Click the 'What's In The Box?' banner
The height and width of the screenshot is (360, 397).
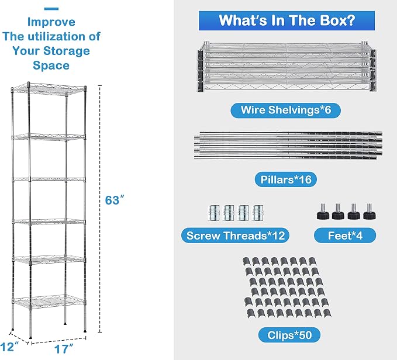pyautogui.click(x=286, y=20)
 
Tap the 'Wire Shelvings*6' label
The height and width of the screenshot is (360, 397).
pyautogui.click(x=285, y=110)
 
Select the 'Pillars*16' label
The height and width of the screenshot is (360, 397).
pyautogui.click(x=285, y=179)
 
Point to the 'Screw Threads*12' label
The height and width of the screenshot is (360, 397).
pyautogui.click(x=235, y=236)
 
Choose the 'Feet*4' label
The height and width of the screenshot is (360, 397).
pyautogui.click(x=345, y=236)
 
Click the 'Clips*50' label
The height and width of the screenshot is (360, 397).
pyautogui.click(x=289, y=335)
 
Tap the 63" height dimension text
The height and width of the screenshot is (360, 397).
pyautogui.click(x=115, y=200)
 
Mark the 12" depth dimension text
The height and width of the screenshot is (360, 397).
pyautogui.click(x=9, y=347)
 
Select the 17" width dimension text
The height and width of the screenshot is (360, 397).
pyautogui.click(x=64, y=349)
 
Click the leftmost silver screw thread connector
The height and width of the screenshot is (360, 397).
pyautogui.click(x=214, y=213)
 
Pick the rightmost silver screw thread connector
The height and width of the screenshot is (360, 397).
pyautogui.click(x=258, y=213)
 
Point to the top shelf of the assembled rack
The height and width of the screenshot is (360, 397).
pyautogui.click(x=49, y=89)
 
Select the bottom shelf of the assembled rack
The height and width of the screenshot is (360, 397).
pyautogui.click(x=49, y=302)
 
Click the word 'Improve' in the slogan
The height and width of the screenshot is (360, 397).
pyautogui.click(x=51, y=22)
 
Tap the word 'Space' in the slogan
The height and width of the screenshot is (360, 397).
pyautogui.click(x=51, y=65)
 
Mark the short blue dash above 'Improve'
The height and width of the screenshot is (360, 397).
pyautogui.click(x=51, y=9)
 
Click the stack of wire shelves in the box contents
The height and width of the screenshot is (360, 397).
pyautogui.click(x=286, y=67)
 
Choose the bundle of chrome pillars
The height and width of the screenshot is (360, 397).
pyautogui.click(x=288, y=145)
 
